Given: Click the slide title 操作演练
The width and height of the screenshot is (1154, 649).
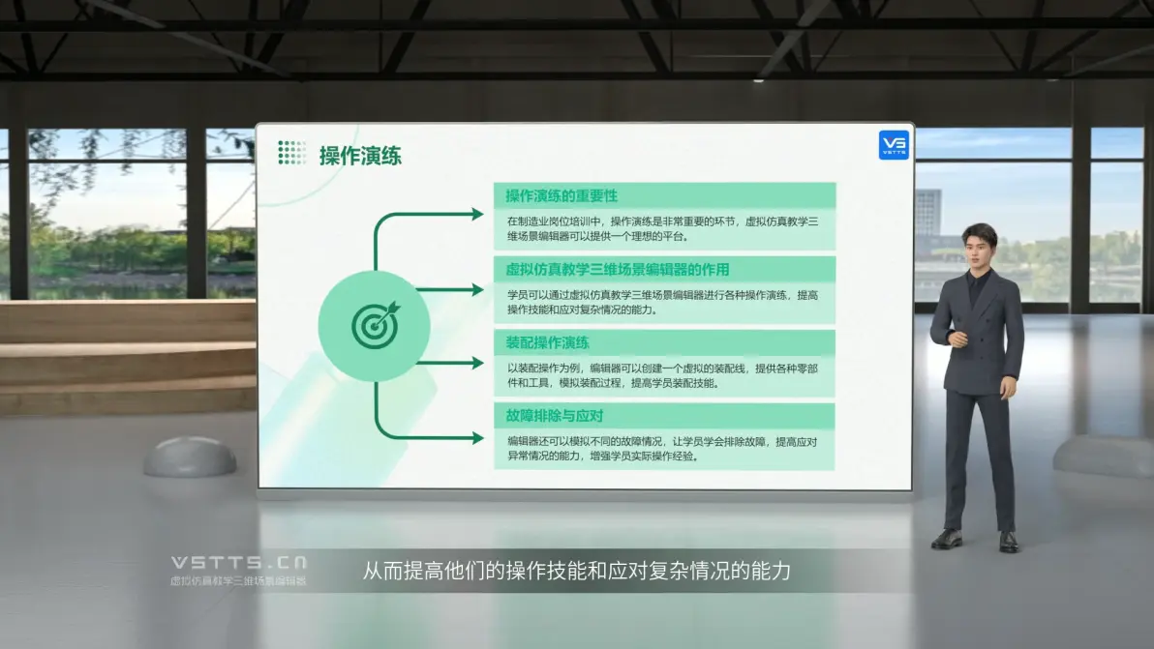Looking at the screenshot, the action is pos(360,156).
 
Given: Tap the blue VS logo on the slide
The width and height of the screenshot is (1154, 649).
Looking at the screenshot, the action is pos(894,145).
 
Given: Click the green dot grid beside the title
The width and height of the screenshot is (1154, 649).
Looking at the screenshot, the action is pos(291,152).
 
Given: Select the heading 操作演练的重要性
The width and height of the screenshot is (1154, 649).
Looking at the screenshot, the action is pos(561,196).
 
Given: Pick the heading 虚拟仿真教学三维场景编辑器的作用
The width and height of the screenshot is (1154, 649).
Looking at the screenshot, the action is pos(617,270).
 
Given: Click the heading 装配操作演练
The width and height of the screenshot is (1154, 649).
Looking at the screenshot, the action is pos(547,342).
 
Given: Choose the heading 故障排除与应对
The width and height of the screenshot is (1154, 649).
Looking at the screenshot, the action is pos(554,416).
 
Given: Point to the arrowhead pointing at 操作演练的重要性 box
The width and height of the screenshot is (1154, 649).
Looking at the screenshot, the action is pos(478,215).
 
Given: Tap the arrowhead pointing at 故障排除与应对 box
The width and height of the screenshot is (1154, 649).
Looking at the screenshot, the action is pos(478,438).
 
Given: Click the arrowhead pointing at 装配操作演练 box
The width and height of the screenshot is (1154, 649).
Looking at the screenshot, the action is pos(478,363).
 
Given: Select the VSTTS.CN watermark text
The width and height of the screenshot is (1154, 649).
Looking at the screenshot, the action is pos(239,563).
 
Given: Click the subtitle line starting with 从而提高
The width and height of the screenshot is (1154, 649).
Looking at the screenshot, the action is pos(576,571).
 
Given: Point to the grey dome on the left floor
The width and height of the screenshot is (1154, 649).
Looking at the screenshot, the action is pos(190,457).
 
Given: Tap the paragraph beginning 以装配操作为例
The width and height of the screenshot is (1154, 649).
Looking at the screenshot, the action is pos(662,375).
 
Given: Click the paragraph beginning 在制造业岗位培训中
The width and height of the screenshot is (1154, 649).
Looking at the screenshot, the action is pos(662,228).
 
